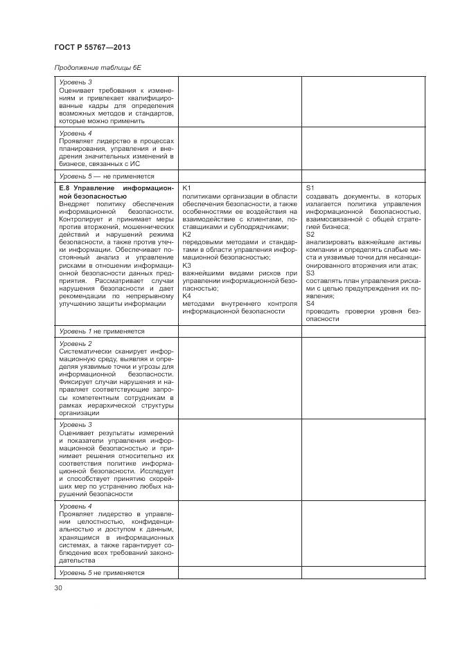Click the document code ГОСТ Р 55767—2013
tap(91, 46)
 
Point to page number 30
tap(58, 588)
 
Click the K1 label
tap(186, 188)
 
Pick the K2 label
tap(186, 234)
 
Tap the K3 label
tap(186, 265)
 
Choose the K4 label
tap(186, 295)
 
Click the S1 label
tap(310, 188)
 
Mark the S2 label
tap(310, 234)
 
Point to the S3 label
tap(310, 273)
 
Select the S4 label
tap(310, 303)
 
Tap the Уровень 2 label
tap(76, 343)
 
